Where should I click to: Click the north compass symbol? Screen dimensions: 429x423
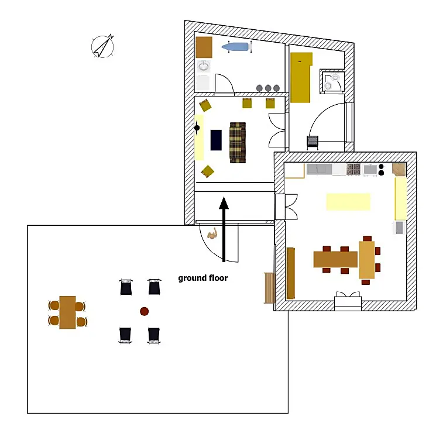pyautogui.click(x=102, y=46)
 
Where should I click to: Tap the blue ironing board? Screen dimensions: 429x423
pyautogui.click(x=236, y=47)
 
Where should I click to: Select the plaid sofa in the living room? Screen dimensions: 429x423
pyautogui.click(x=238, y=142)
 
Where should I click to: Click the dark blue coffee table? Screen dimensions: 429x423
pyautogui.click(x=216, y=140)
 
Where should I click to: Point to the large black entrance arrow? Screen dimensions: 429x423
pyautogui.click(x=224, y=229)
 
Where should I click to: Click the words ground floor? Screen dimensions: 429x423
pyautogui.click(x=203, y=278)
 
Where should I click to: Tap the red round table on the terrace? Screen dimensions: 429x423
pyautogui.click(x=144, y=311)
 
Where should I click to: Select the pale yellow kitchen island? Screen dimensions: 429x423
pyautogui.click(x=348, y=201)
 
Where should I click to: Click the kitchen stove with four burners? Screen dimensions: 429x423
pyautogui.click(x=354, y=169)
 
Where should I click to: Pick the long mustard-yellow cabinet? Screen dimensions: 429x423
pyautogui.click(x=301, y=78)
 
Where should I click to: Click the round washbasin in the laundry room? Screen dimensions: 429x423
pyautogui.click(x=203, y=66)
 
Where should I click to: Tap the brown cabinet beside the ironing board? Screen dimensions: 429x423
pyautogui.click(x=204, y=47)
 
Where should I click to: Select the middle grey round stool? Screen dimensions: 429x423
pyautogui.click(x=268, y=88)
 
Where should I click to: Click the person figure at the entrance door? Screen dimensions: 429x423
pyautogui.click(x=212, y=235)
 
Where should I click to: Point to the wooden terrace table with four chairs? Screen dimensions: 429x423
pyautogui.click(x=67, y=312)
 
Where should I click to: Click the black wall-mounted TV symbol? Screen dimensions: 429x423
pyautogui.click(x=197, y=128)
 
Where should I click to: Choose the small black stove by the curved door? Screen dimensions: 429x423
pyautogui.click(x=312, y=142)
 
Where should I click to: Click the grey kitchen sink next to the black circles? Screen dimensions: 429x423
pyautogui.click(x=370, y=170)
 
